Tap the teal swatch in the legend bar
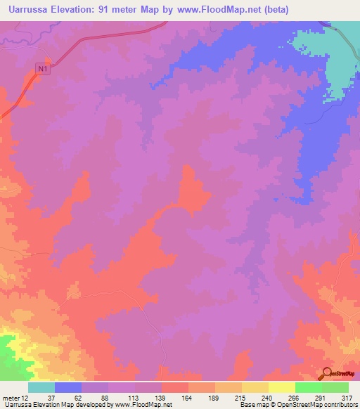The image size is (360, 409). coord(41,387)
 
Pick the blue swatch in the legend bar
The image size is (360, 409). coord(68,387)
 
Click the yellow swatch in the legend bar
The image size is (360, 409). coord(282,387)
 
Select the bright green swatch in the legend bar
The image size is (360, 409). coord(309,387)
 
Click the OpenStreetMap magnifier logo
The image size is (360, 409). coord(326,373)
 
